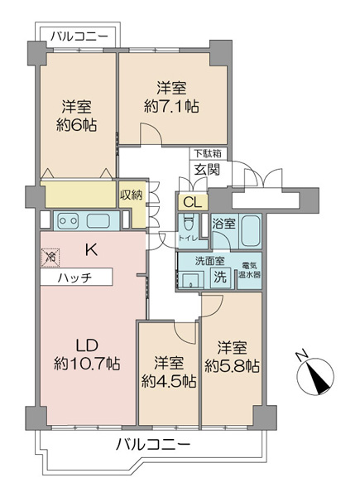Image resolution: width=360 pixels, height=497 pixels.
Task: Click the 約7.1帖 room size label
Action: (x=171, y=107)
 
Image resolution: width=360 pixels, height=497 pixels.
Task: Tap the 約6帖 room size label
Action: (x=77, y=126)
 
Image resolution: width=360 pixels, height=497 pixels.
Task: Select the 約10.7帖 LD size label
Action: (x=87, y=364)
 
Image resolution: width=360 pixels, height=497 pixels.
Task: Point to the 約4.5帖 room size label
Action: (x=169, y=381)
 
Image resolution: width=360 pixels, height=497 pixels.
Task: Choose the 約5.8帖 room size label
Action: (x=232, y=366)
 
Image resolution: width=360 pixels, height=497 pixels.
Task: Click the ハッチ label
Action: (x=74, y=278)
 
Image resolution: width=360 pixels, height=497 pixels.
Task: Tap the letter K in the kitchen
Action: (x=92, y=251)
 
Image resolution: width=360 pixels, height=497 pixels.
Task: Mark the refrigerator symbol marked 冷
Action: (x=50, y=257)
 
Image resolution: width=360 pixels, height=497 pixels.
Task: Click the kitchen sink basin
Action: (x=98, y=221)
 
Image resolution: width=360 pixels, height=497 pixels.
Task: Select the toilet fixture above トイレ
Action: (x=188, y=224)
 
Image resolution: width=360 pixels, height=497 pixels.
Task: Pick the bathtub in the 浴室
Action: (x=251, y=231)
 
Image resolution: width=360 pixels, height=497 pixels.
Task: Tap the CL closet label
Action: (x=193, y=203)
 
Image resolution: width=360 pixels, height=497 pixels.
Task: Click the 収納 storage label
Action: (x=131, y=195)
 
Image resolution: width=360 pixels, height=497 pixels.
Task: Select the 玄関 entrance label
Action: (x=207, y=170)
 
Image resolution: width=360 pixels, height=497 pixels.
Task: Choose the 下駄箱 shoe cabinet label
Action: (x=208, y=154)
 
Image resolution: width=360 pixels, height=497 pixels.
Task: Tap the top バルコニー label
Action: (x=79, y=36)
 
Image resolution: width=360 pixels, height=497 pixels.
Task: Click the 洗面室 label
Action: (x=209, y=261)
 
